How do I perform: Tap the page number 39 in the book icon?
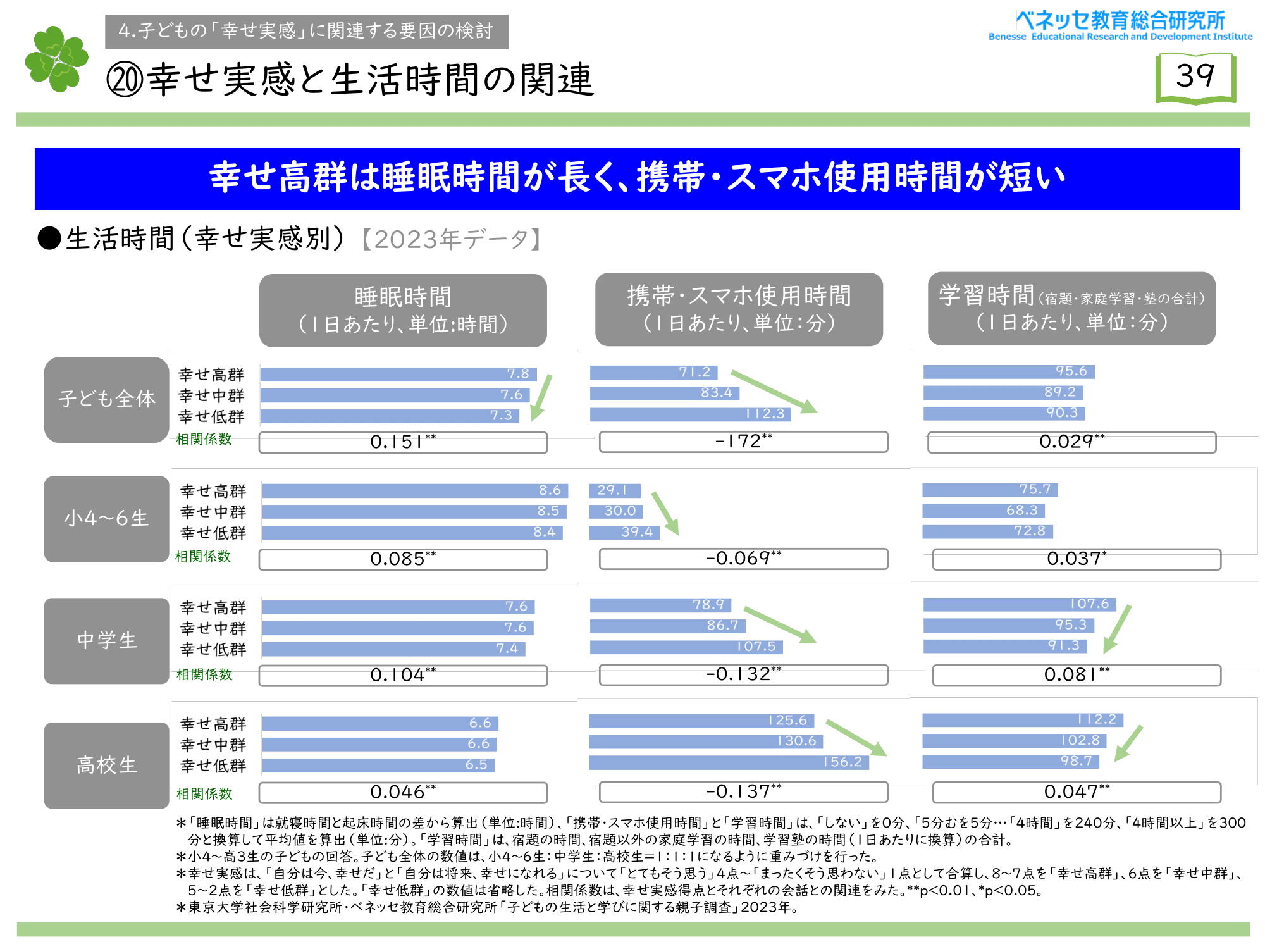[x=1195, y=77]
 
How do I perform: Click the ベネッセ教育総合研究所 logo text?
[x=1120, y=21]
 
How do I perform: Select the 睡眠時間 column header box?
[x=403, y=310]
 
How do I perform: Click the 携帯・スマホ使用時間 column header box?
[x=739, y=309]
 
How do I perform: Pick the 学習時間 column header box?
[x=1071, y=309]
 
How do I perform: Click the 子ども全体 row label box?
[x=106, y=399]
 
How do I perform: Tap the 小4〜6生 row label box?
[x=106, y=519]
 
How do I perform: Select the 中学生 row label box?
[x=106, y=640]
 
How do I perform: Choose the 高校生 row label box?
[x=106, y=765]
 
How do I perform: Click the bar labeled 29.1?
[x=615, y=490]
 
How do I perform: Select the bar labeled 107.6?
[x=1019, y=605]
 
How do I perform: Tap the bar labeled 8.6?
[x=415, y=491]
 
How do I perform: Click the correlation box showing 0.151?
[x=403, y=442]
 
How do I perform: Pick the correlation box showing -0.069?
[x=743, y=559]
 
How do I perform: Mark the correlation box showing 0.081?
[x=1077, y=675]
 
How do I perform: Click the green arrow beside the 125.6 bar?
[x=857, y=738]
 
